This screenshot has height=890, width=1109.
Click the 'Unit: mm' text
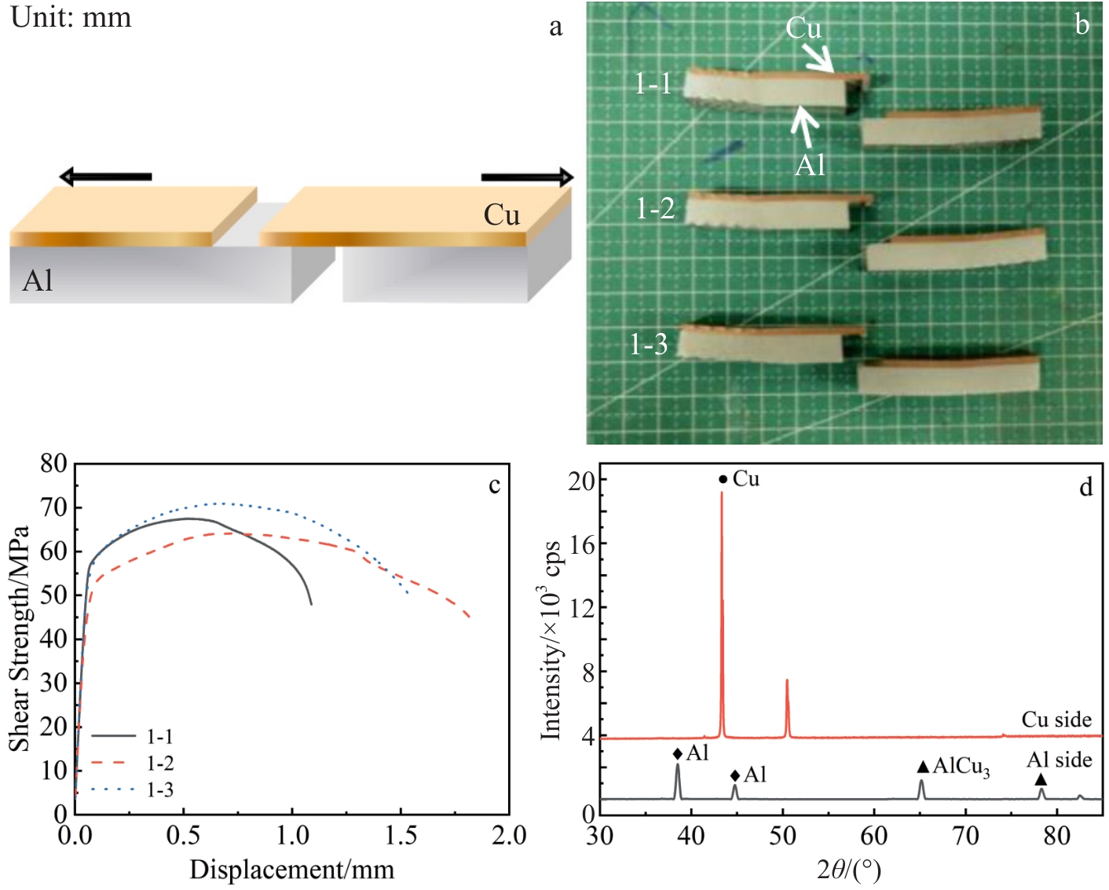(71, 16)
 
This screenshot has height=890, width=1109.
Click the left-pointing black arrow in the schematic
(105, 177)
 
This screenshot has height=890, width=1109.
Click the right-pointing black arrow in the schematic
(527, 178)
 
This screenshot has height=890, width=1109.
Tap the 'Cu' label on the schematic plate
(501, 215)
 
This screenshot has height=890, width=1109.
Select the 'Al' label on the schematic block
(38, 280)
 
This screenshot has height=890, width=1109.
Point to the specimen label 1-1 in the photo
(653, 83)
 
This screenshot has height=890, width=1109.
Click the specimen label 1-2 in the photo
(655, 208)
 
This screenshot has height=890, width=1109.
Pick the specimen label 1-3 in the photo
(649, 344)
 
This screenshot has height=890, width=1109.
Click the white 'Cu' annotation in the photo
(803, 28)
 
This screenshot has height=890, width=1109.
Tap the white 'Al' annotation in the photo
(810, 165)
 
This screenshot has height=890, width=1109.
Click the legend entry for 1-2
(159, 763)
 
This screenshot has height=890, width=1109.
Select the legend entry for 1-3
(159, 789)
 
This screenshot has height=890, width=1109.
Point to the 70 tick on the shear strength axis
(54, 507)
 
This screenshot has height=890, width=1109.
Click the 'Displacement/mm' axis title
(291, 870)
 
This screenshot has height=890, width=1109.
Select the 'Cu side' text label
(1056, 720)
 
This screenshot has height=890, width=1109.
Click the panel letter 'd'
(1085, 488)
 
